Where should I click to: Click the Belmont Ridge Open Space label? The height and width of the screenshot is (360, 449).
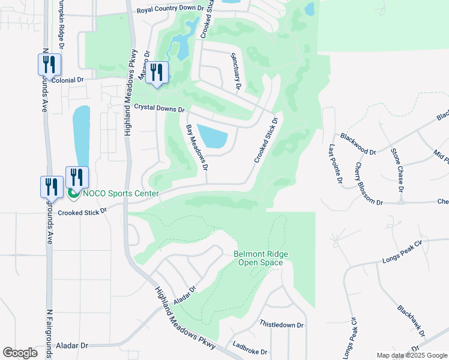[x=261, y=259]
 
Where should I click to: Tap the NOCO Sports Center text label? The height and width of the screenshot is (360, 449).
[x=121, y=193]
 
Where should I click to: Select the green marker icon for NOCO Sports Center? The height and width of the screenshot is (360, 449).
[x=74, y=193]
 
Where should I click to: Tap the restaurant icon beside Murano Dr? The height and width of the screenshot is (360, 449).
[x=157, y=73]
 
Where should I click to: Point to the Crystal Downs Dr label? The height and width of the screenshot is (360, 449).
[x=159, y=109]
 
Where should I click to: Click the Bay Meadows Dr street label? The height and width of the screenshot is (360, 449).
[x=197, y=145]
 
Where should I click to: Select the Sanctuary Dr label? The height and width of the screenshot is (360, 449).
[x=235, y=71]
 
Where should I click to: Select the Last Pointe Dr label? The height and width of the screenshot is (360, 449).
[x=335, y=163]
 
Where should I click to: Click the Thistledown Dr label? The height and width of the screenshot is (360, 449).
[x=282, y=324]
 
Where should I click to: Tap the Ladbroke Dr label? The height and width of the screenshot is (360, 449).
[x=251, y=348]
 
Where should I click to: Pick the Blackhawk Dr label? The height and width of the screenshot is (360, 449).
[x=411, y=320]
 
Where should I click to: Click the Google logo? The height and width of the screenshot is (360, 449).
[x=20, y=353]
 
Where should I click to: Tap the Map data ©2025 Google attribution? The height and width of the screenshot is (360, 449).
[x=411, y=355]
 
